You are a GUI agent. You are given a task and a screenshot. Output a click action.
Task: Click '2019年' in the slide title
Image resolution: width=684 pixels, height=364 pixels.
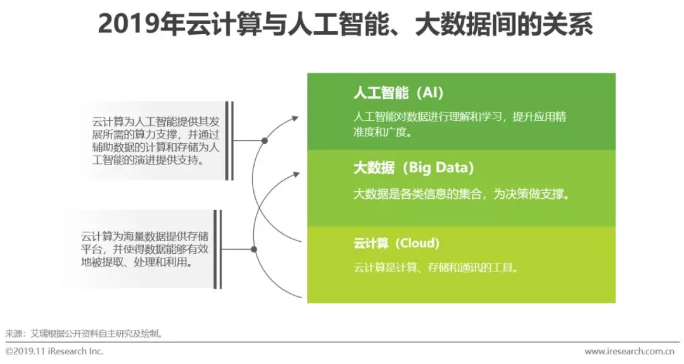pyautogui.click(x=130, y=25)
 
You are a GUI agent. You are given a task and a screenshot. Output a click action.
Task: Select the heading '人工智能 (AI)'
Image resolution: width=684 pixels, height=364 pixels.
pyautogui.click(x=398, y=93)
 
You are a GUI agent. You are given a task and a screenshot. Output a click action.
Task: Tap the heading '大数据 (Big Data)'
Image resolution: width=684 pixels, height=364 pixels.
pyautogui.click(x=414, y=168)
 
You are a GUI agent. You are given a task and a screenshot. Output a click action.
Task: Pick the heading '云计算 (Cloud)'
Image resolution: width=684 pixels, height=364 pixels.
pyautogui.click(x=396, y=243)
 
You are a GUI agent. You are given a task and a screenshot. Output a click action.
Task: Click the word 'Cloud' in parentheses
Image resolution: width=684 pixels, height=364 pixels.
pyautogui.click(x=418, y=243)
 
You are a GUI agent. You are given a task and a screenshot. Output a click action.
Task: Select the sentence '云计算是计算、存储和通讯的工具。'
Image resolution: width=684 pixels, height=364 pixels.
pyautogui.click(x=436, y=268)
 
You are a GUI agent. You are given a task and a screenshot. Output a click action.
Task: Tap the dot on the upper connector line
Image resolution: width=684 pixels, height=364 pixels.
pyautogui.click(x=265, y=141)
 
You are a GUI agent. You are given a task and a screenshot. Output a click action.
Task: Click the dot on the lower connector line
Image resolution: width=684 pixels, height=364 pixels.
pyautogui.click(x=254, y=249)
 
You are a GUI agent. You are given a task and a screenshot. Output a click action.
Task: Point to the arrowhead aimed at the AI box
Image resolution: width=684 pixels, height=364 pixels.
pyautogui.click(x=295, y=117)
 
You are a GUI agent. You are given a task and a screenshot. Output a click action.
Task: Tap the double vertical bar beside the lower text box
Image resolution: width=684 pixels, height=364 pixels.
pyautogui.click(x=217, y=249)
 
